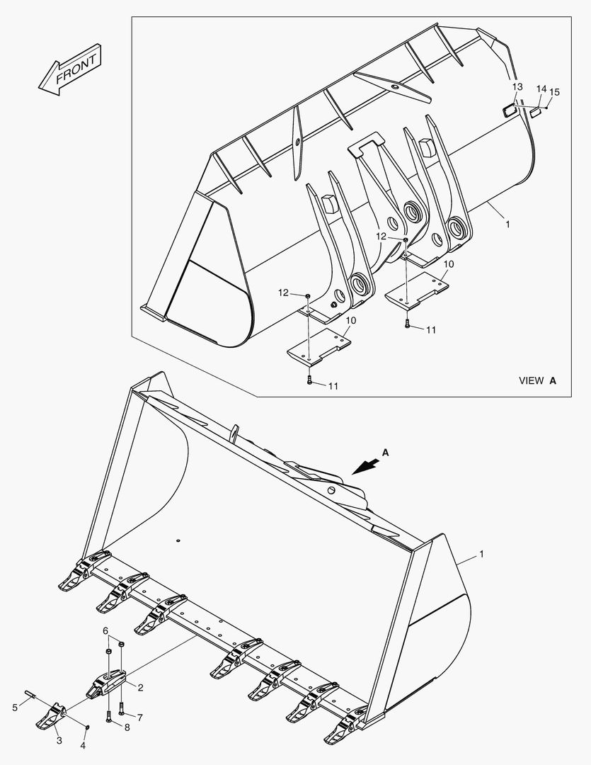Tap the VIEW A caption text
point(537,380)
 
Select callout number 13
point(517,86)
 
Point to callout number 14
point(541,89)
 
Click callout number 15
point(554,92)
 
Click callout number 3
point(59,741)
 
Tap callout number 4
point(83,746)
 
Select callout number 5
point(15,706)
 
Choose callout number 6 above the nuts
point(105,630)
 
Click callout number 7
point(139,718)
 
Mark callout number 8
point(127,727)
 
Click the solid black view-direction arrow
point(365,465)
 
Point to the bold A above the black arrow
point(386,451)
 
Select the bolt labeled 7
point(122,706)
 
